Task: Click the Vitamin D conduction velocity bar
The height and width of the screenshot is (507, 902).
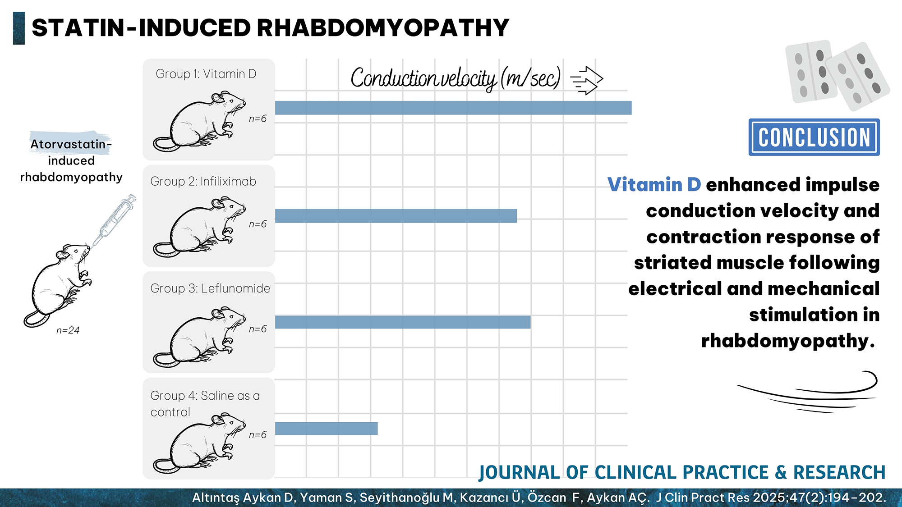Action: coord(453,108)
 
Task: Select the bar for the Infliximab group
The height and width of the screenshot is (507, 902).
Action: coord(396,216)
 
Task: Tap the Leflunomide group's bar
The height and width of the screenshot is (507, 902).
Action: coord(402,322)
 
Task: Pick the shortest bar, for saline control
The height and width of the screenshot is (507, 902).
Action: coord(326,429)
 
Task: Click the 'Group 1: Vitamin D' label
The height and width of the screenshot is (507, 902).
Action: coord(206,74)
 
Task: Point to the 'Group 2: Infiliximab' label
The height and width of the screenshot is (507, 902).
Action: coord(203,181)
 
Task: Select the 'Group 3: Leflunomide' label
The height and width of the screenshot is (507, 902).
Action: coord(210,288)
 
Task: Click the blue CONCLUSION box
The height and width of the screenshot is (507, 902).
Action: coord(814,137)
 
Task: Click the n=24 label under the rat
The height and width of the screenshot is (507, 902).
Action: coord(68,330)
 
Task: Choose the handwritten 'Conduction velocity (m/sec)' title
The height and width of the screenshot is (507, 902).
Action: coord(456,78)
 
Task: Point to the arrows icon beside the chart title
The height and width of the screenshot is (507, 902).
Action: coord(586,80)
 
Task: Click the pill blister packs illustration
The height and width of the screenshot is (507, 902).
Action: coord(837,74)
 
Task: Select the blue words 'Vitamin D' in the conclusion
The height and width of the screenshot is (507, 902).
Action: coord(653,185)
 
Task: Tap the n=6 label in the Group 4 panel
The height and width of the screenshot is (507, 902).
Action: coord(258,435)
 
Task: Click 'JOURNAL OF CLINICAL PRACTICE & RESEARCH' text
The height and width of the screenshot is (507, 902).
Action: coord(681,472)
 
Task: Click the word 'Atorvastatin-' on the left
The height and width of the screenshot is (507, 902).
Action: coord(71,144)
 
